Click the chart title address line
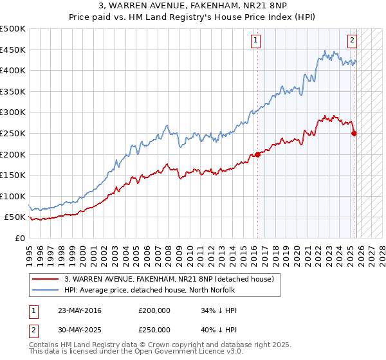(192, 6)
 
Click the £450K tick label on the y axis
(13, 50)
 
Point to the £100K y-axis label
(13, 196)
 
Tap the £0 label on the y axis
(20, 239)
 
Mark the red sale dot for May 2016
(257, 154)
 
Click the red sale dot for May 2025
(354, 133)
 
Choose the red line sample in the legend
(47, 279)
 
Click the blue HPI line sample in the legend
(47, 290)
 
